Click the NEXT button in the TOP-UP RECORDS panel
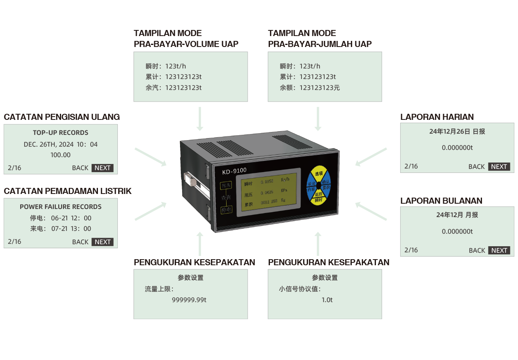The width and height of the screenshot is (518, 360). click(x=102, y=168)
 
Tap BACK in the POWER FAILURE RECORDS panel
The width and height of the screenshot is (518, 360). click(x=80, y=242)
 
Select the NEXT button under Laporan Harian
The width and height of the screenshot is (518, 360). click(x=499, y=166)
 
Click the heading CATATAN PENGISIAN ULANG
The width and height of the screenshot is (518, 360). click(x=62, y=117)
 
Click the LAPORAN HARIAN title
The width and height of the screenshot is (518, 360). click(x=437, y=117)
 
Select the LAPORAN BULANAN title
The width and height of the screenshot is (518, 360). click(x=441, y=201)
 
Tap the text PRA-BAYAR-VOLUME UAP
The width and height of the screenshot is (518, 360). click(x=186, y=44)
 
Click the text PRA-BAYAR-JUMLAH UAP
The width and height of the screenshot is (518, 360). click(x=320, y=44)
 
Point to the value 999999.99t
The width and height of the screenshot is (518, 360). click(x=189, y=300)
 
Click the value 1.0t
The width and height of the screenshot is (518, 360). click(x=327, y=300)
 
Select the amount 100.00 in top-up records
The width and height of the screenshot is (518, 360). click(x=60, y=155)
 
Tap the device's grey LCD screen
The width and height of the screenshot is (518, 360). click(x=268, y=192)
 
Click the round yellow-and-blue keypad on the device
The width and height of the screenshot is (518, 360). click(x=318, y=185)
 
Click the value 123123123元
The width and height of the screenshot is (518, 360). click(x=319, y=87)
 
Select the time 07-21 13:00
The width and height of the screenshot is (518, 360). click(x=71, y=229)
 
